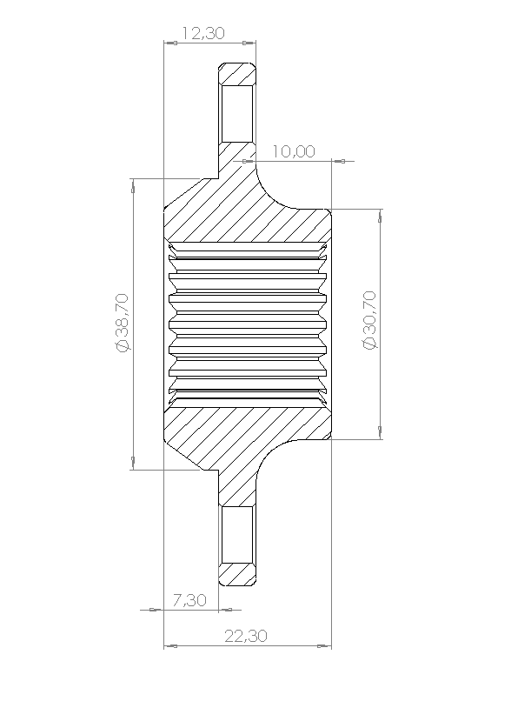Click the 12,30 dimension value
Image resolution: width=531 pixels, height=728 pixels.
[x=203, y=33]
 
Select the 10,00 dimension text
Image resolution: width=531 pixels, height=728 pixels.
[x=294, y=151]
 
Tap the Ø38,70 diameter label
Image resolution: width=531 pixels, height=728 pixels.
[x=123, y=323]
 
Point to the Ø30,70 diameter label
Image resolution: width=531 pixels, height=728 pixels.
[x=370, y=320]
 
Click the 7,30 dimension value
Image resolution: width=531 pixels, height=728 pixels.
[x=189, y=600]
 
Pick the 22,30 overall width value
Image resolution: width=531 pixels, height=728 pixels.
[x=246, y=636]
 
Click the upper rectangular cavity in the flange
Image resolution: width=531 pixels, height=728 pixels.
[x=237, y=113]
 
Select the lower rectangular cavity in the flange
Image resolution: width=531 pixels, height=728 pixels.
[x=237, y=534]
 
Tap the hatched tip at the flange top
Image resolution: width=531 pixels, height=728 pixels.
[x=237, y=73]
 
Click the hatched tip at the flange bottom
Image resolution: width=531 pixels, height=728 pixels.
[x=237, y=574]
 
